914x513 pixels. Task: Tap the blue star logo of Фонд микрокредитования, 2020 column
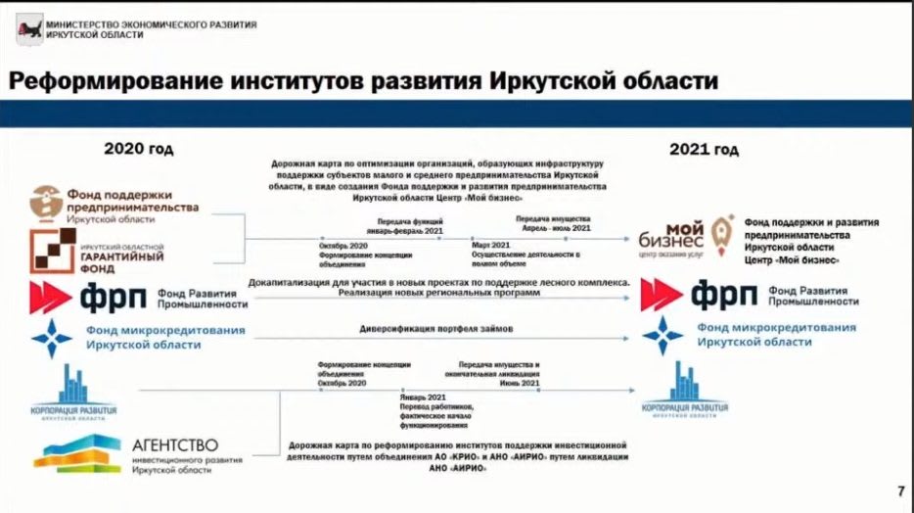click(x=51, y=338)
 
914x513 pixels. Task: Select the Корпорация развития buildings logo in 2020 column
click(x=73, y=390)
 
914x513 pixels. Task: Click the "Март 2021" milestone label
click(x=492, y=246)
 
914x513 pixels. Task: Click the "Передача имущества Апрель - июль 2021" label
click(x=553, y=222)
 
